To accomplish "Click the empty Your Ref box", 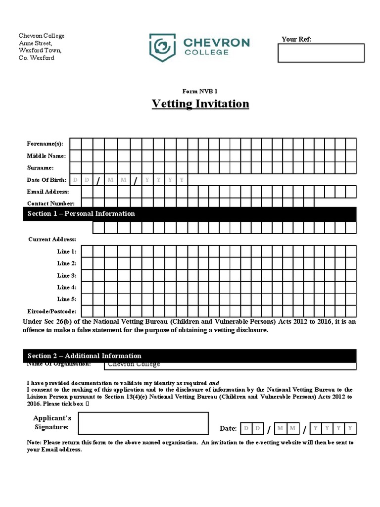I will click(321, 53).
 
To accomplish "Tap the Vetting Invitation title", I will click(200, 103).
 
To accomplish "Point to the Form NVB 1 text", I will click(200, 91).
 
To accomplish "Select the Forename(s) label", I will click(45, 144).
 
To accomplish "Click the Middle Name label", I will click(46, 155).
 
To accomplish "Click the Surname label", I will click(40, 168).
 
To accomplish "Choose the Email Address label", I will click(47, 192).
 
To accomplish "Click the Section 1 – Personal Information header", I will click(81, 213).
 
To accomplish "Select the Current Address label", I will click(52, 239).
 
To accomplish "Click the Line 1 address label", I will click(67, 252).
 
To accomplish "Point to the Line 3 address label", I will click(67, 275).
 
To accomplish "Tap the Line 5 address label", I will click(67, 299).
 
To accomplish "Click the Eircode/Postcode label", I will click(51, 311).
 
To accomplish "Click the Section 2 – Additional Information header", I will click(84, 355).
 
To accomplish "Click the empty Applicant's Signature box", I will click(143, 423).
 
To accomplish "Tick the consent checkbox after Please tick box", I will click(88, 404).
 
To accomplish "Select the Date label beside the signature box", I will click(228, 428).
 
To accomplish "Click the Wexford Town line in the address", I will click(40, 50).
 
